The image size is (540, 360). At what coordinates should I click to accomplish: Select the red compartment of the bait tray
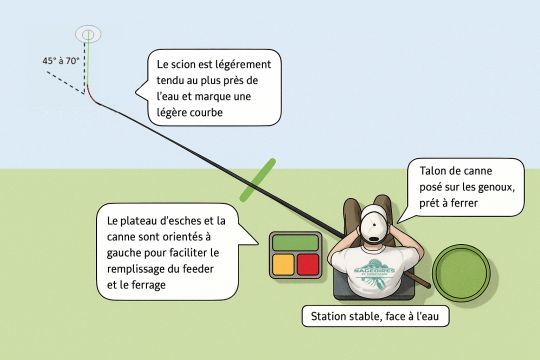click(x=307, y=264)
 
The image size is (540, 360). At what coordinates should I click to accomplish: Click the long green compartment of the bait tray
click(x=295, y=241)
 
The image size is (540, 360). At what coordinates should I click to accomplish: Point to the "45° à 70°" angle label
click(x=62, y=61)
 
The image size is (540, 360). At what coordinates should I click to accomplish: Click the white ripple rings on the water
click(x=89, y=33)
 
